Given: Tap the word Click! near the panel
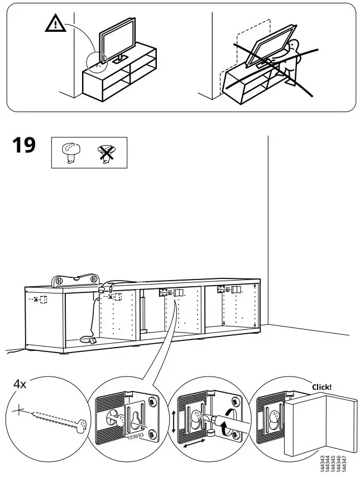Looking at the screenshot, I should pyautogui.click(x=321, y=387).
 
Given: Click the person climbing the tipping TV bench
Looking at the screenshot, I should pyautogui.click(x=291, y=60).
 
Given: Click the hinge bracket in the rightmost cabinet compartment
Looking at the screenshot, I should pyautogui.click(x=222, y=290).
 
